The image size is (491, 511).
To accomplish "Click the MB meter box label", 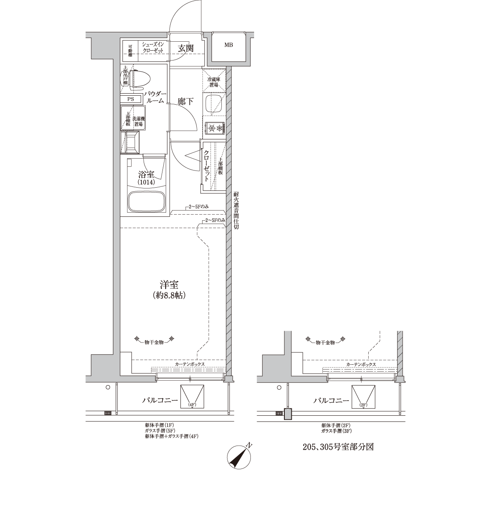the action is (x=228, y=45).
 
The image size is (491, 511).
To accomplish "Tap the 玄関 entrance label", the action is (x=186, y=48).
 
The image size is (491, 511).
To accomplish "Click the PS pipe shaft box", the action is (x=131, y=99).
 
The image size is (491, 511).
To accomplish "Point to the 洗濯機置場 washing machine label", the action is (x=139, y=121).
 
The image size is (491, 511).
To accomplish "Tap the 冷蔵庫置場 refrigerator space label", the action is (x=214, y=82).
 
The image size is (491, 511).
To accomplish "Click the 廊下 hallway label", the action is (x=185, y=101).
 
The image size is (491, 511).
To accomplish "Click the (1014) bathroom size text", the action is (x=146, y=182).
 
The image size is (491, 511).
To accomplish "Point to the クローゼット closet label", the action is (x=206, y=166).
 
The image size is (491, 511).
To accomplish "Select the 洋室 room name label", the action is (x=169, y=285).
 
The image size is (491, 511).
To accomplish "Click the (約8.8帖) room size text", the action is (x=169, y=296).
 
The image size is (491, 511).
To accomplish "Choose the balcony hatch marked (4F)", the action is (x=192, y=397).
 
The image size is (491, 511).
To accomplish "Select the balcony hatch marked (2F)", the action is (x=363, y=397).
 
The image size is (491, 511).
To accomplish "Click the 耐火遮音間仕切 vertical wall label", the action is (x=236, y=211).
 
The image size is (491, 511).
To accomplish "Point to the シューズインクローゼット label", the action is (x=153, y=47).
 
